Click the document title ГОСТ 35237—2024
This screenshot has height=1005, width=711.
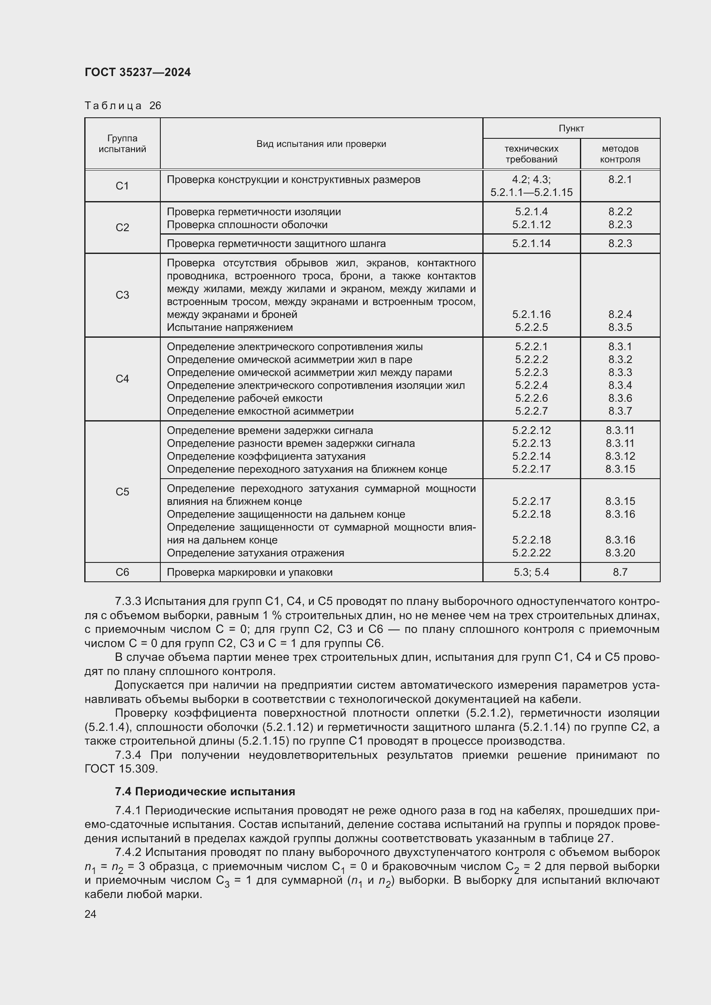pos(138,72)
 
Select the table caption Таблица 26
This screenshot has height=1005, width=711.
pos(123,106)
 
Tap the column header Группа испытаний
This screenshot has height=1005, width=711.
pos(122,144)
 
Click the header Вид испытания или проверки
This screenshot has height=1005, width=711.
pos(321,144)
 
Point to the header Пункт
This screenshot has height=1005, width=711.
pos(571,128)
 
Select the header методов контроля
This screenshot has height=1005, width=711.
pos(620,154)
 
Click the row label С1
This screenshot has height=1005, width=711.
pos(122,186)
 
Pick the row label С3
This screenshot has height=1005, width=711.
pos(122,295)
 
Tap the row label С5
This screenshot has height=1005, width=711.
pos(122,492)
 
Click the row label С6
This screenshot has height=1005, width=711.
pos(122,572)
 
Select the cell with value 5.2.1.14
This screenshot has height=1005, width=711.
pos(531,243)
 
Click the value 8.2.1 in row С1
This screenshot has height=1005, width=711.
pos(620,180)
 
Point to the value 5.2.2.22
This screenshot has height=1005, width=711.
pos(531,553)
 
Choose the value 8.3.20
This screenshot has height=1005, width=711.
pos(620,553)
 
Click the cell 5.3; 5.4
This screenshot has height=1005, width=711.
pos(531,572)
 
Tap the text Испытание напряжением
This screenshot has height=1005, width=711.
pos(230,327)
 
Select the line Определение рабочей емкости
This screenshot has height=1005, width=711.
pos(244,398)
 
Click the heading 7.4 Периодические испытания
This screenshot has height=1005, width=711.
pos(205,791)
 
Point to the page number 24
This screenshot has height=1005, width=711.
pos(90,914)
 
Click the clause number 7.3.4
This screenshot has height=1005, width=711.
pos(128,755)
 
